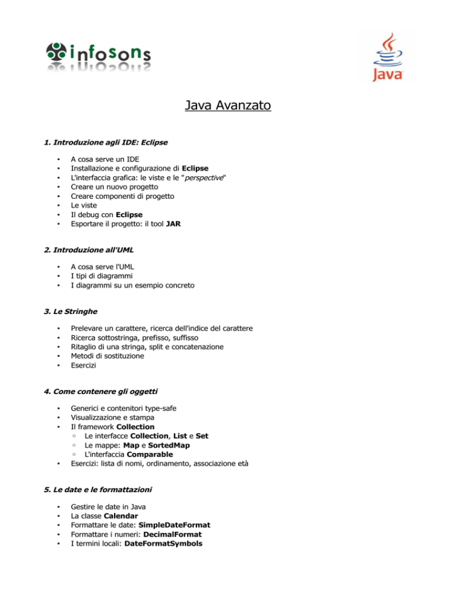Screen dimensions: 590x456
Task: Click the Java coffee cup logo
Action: coord(387,57)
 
